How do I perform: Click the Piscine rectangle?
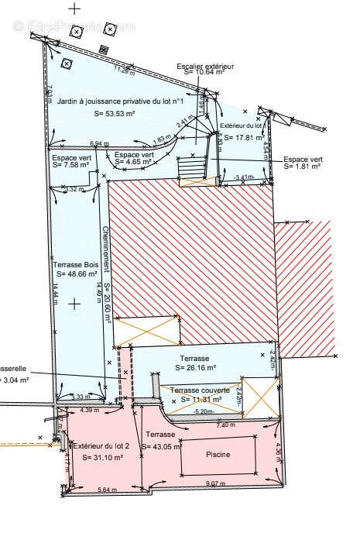pyautogui.click(x=217, y=456)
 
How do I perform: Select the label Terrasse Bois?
pyautogui.click(x=75, y=265)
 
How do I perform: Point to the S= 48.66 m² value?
pyautogui.click(x=75, y=274)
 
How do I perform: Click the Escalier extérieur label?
pyautogui.click(x=205, y=67)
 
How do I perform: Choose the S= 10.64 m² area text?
pyautogui.click(x=205, y=75)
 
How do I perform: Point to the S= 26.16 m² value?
pyautogui.click(x=195, y=369)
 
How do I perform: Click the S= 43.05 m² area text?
pyautogui.click(x=161, y=446)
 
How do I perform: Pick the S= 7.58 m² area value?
pyautogui.click(x=72, y=164)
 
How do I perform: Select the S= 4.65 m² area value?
pyautogui.click(x=134, y=163)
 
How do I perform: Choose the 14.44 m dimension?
pyautogui.click(x=56, y=295)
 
